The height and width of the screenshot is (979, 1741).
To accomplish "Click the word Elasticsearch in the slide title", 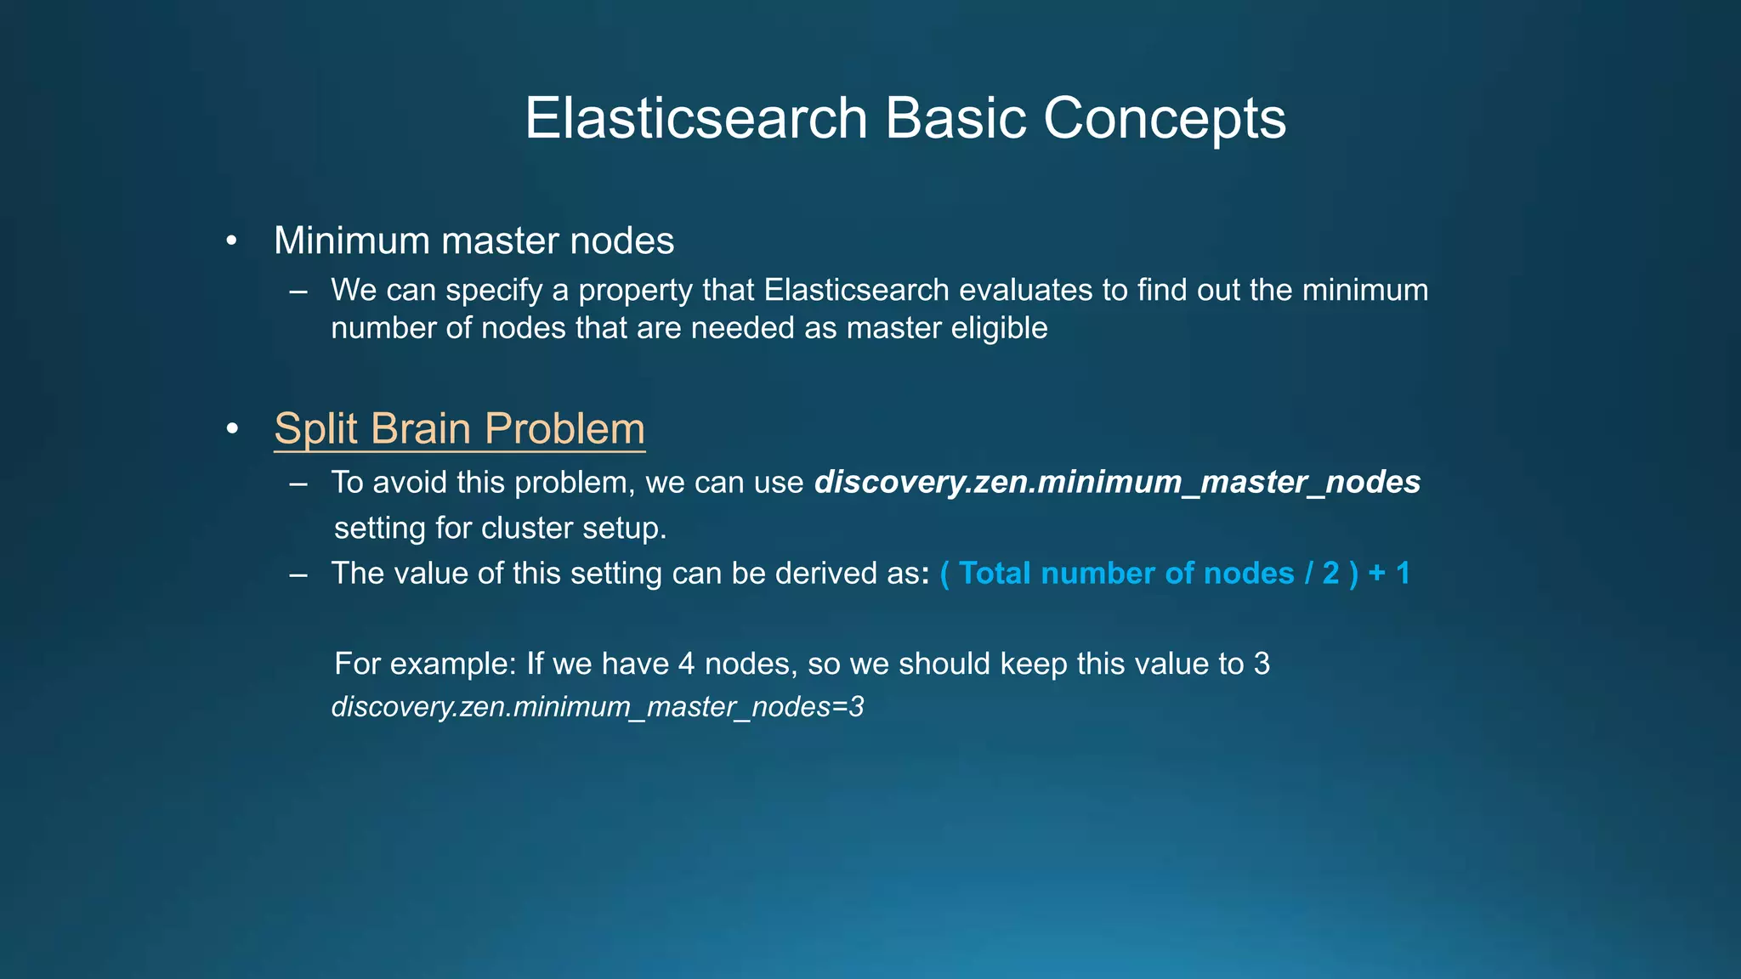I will coord(695,118).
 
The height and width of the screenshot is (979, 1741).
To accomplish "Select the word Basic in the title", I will coord(956,118).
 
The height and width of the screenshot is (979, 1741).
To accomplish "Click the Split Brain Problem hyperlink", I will coord(459,428).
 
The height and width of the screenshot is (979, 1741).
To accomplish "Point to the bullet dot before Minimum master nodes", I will coord(231,242).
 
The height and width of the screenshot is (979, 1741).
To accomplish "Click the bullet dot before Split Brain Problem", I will coord(231,430).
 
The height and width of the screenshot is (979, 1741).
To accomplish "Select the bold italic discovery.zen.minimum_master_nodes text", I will coord(1117,483).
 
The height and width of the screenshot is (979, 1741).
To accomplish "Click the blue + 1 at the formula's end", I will coord(1389,574).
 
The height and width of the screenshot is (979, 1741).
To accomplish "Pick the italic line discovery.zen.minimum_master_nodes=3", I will coord(597,707).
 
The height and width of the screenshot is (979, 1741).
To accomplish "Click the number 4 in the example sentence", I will coord(687,664).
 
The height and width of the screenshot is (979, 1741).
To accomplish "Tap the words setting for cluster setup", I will coord(500,529).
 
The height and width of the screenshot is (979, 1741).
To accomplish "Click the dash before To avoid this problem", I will coord(298,484).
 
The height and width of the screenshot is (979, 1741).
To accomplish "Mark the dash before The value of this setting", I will coord(298,574).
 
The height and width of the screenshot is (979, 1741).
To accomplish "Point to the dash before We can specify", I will coord(298,291).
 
